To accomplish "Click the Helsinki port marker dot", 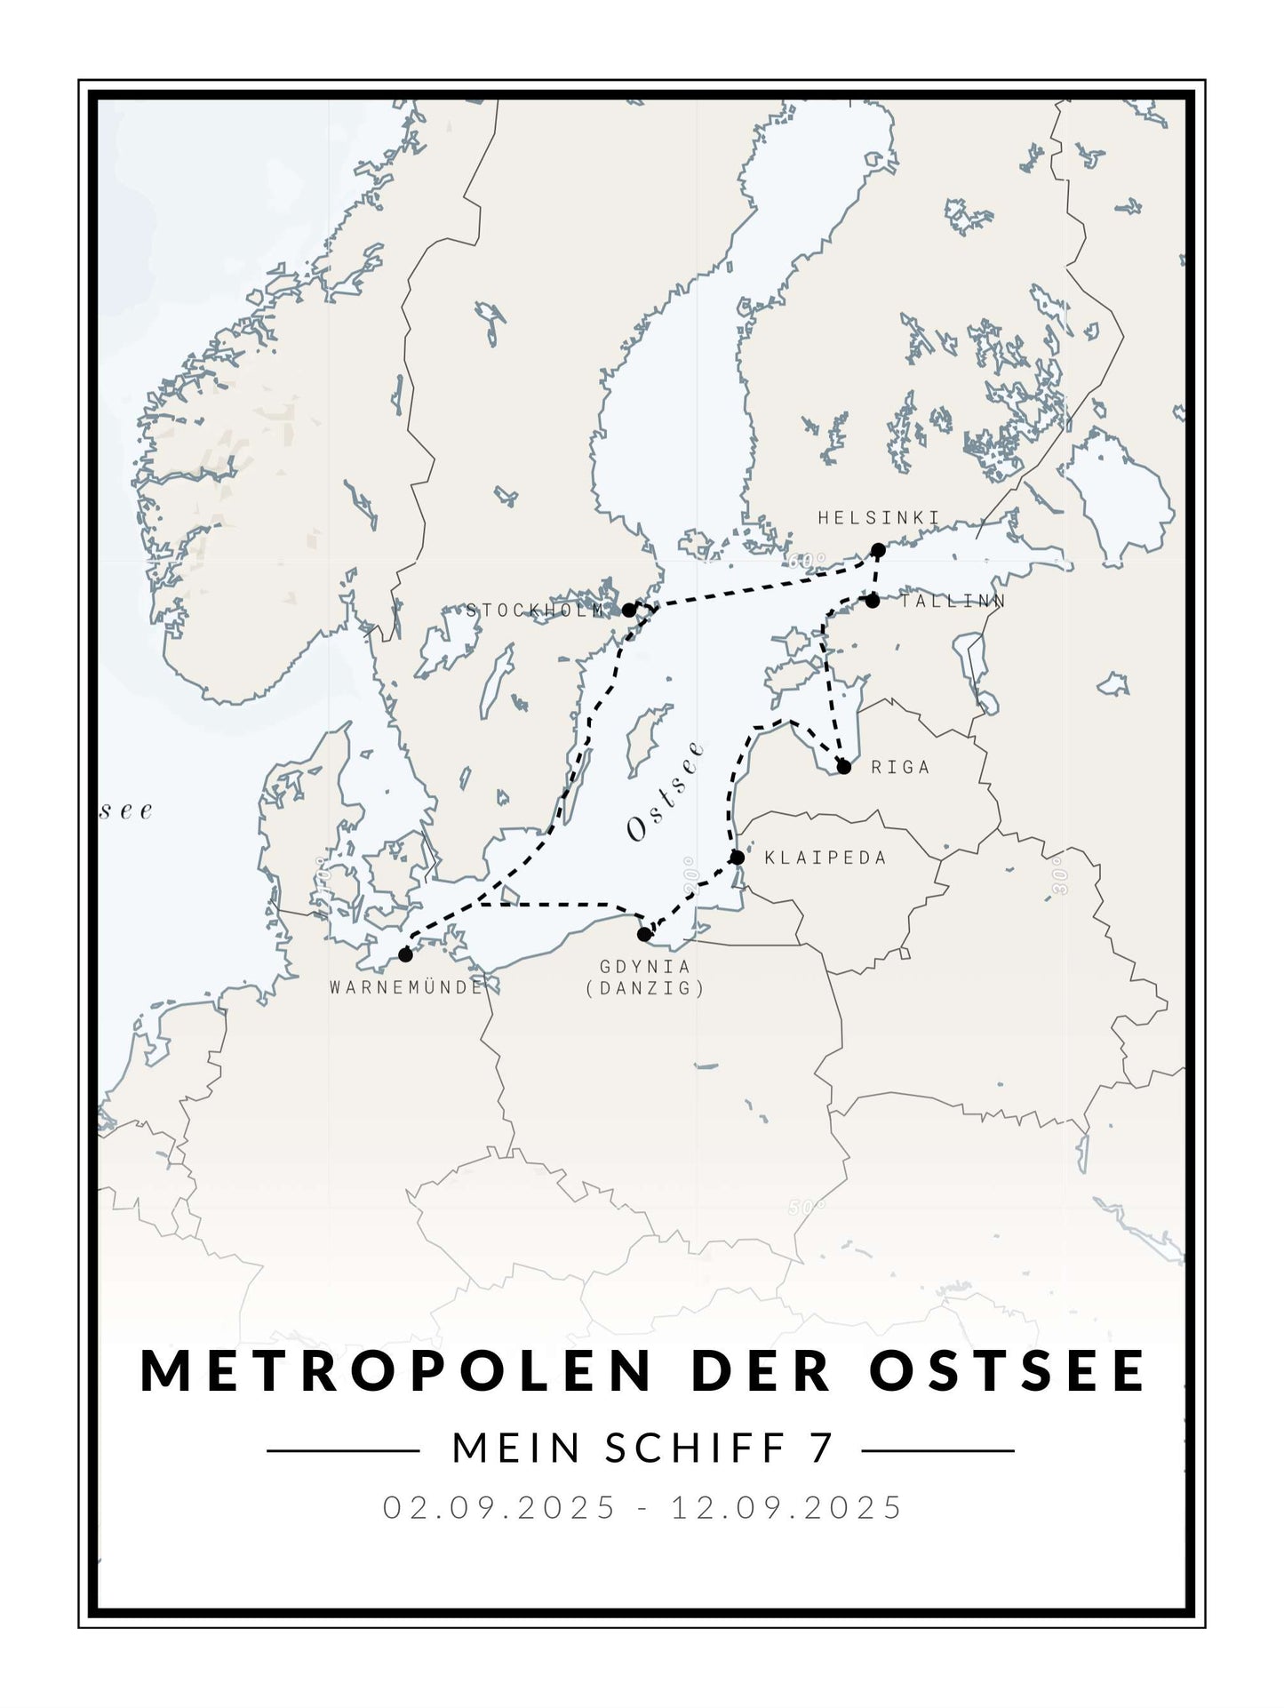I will pos(878,550).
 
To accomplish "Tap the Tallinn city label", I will pos(952,602).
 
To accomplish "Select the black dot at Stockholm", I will pos(629,611).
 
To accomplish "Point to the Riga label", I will pos(900,767).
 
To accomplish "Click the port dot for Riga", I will pos(844,766).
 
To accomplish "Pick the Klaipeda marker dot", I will pos(737,858).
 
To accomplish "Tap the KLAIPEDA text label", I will pos(825,858).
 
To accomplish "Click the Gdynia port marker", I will pos(644,934).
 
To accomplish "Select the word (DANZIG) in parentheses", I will pos(645,988).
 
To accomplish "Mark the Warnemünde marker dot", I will pos(406,955).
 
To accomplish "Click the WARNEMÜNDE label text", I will pos(406,987).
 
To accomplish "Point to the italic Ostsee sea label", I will pos(666,791).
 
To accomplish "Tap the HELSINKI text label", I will pos(878,518).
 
